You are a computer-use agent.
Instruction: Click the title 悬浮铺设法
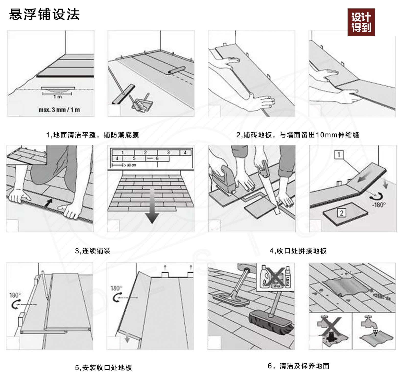pos(44,14)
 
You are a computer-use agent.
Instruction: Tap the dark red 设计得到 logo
pos(361,22)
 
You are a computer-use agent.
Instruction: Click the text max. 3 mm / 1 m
pos(59,110)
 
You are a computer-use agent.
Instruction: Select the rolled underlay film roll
pos(176,70)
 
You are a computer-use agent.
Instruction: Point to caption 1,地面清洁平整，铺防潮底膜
pos(92,135)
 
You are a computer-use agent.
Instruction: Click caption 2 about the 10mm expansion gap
pos(298,135)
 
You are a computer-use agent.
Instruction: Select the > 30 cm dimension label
pos(130,165)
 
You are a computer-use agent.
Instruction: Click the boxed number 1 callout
pos(339,155)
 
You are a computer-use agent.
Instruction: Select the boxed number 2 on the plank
pos(342,213)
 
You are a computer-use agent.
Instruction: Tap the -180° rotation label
pos(379,205)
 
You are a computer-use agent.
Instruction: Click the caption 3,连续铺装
pos(93,251)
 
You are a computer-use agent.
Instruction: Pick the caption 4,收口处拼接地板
pos(298,251)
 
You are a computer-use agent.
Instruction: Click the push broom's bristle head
pos(271,323)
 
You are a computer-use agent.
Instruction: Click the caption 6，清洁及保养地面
pos(298,366)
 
